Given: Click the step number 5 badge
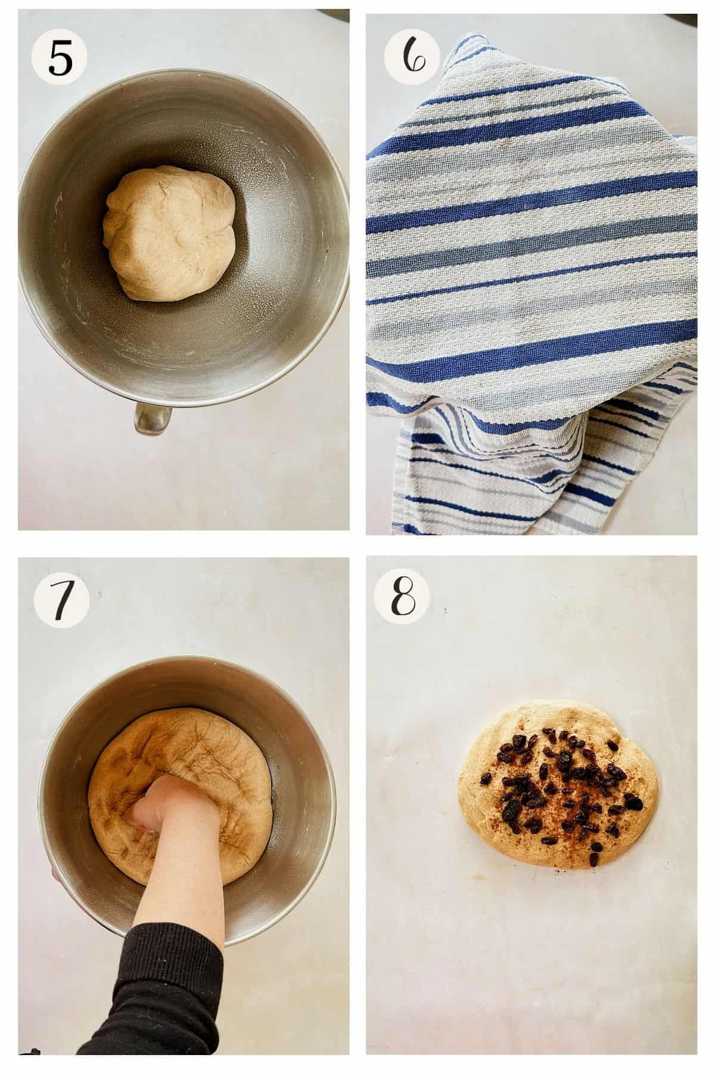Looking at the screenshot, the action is (x=59, y=58).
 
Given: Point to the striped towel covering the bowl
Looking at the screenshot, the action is (x=530, y=238).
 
